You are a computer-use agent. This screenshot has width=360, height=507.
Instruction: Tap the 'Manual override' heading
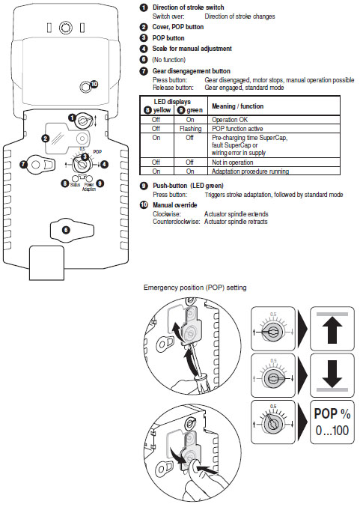tap(175, 204)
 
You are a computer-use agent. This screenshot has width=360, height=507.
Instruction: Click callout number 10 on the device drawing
tap(94, 85)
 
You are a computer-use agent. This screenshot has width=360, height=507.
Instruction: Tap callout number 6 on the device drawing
tap(65, 230)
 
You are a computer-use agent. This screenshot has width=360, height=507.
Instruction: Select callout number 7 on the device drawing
tap(23, 164)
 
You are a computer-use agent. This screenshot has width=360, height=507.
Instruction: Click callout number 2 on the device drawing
tap(46, 138)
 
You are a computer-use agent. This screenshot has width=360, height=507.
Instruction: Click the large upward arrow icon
tap(331, 328)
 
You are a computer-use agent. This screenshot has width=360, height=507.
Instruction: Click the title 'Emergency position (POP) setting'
tap(196, 288)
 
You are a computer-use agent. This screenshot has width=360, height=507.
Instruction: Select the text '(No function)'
tap(170, 58)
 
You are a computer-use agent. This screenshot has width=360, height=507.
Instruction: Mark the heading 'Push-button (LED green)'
tap(189, 185)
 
